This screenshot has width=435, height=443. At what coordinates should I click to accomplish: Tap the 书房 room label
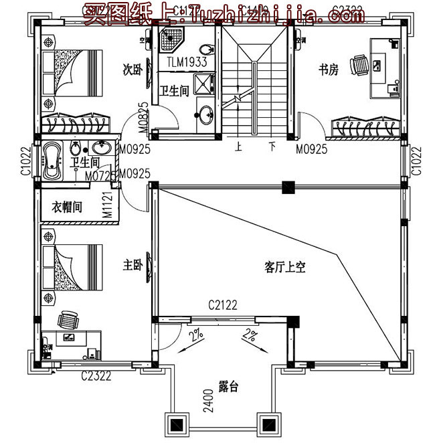point(329,70)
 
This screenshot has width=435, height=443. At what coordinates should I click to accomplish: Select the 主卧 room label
point(131,265)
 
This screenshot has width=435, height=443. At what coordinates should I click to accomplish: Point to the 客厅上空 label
point(285,268)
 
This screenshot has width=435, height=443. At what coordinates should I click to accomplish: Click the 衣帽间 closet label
point(67,207)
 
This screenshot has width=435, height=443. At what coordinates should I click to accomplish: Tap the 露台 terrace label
point(228,387)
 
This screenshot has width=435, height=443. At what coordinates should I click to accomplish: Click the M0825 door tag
point(143,114)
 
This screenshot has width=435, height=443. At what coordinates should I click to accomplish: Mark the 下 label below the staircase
point(272,145)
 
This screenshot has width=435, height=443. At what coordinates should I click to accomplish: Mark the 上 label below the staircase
point(238,145)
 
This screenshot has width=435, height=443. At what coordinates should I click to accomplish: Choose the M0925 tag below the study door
point(312,149)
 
